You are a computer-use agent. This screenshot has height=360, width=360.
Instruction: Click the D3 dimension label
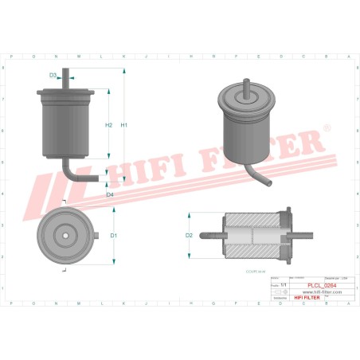point(53,76)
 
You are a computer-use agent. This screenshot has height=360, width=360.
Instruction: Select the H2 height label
point(109,125)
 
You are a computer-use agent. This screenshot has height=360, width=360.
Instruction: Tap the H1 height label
point(124,125)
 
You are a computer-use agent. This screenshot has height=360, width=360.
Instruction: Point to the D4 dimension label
point(109,194)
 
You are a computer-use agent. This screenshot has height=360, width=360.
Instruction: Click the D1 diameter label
point(113,236)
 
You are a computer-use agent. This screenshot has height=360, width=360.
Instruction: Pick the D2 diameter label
point(189,236)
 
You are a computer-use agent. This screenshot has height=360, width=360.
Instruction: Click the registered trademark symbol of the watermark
point(327,129)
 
